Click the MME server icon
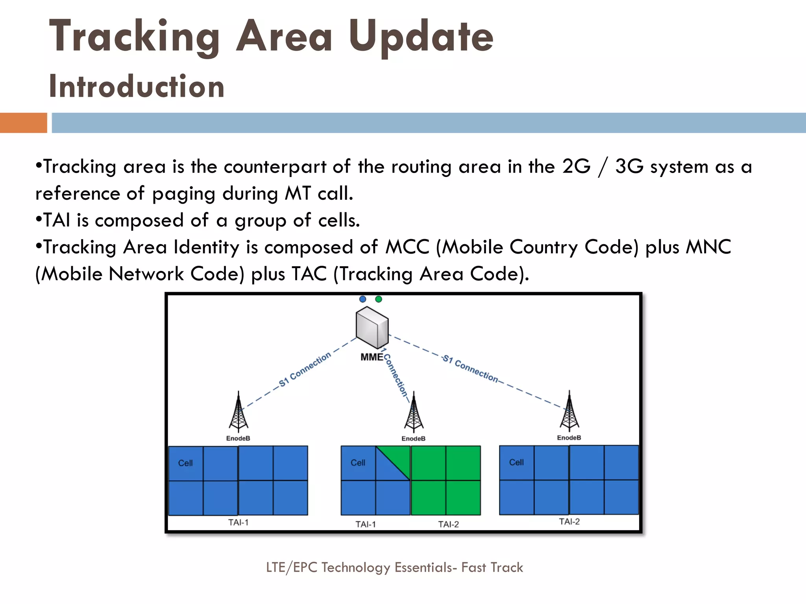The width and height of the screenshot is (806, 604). pos(372,328)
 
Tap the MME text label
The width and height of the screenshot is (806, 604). pos(372,357)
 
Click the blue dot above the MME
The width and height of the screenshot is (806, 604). pos(362,299)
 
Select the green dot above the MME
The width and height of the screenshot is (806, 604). pos(379,299)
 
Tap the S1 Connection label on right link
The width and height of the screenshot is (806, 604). pos(470,368)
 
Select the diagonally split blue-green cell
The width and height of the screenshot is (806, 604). pos(393,463)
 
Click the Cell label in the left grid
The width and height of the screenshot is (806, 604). pos(185,463)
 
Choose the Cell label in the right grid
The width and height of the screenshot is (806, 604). pos(516,462)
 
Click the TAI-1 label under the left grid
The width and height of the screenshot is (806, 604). pos(238,523)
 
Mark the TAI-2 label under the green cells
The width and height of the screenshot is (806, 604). pos(448,524)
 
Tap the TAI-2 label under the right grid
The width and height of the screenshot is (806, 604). pos(569,522)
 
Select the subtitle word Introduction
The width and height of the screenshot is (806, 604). pos(137,87)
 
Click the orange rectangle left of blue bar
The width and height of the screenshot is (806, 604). pos(23,123)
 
